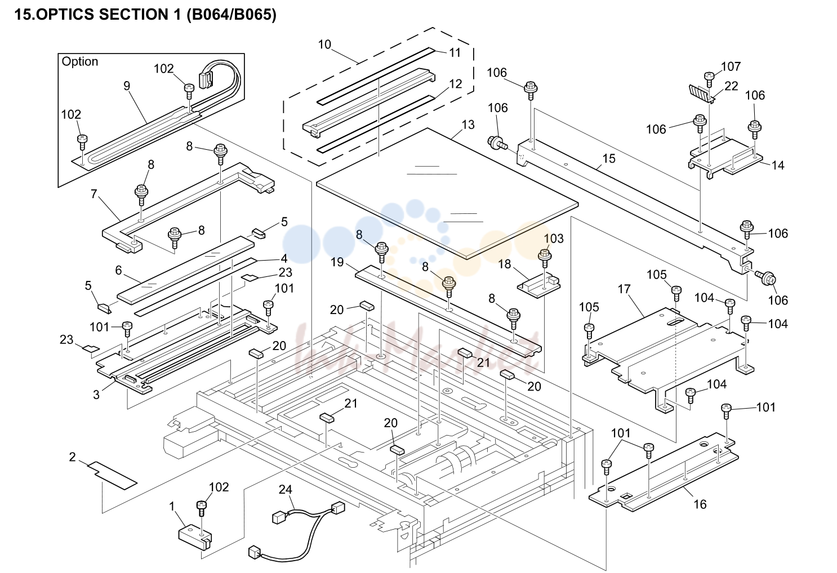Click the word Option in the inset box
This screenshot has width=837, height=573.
point(79,61)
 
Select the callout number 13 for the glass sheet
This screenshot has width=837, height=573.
point(468,124)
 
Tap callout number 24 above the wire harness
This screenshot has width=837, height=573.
point(286,489)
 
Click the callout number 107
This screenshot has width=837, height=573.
point(731,66)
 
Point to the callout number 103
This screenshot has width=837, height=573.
point(554,238)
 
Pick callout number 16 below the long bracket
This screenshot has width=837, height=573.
point(700,504)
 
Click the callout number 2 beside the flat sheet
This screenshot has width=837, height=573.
point(73,457)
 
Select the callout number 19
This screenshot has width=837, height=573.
point(337,262)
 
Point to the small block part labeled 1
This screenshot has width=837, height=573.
point(195,538)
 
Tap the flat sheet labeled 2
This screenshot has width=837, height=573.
point(113,475)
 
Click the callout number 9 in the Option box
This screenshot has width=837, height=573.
point(127,86)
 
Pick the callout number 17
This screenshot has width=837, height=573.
point(624,289)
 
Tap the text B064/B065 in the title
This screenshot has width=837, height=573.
point(229,15)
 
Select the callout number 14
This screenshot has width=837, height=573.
point(778,165)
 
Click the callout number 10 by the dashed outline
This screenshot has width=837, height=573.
point(324,44)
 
